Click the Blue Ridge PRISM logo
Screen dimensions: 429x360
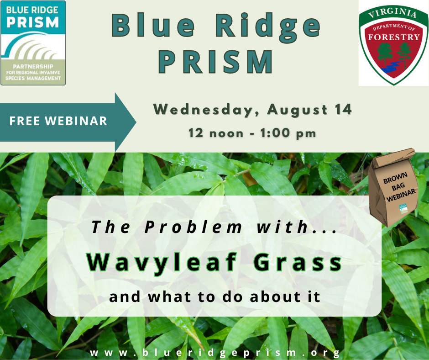(33, 43)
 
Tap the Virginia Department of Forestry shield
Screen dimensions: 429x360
(393, 44)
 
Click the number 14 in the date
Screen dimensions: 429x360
(343, 109)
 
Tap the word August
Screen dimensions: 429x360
(298, 110)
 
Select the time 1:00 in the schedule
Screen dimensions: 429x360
(275, 133)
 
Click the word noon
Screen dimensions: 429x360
(226, 134)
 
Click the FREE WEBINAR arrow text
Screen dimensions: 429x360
(58, 121)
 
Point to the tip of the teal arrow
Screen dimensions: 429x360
(136, 122)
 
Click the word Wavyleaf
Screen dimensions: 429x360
(162, 262)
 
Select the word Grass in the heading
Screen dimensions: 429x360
(298, 262)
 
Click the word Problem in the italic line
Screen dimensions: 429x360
(194, 227)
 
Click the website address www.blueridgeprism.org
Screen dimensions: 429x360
(215, 353)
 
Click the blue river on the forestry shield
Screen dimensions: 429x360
(390, 68)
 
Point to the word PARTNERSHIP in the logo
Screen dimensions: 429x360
(33, 66)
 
